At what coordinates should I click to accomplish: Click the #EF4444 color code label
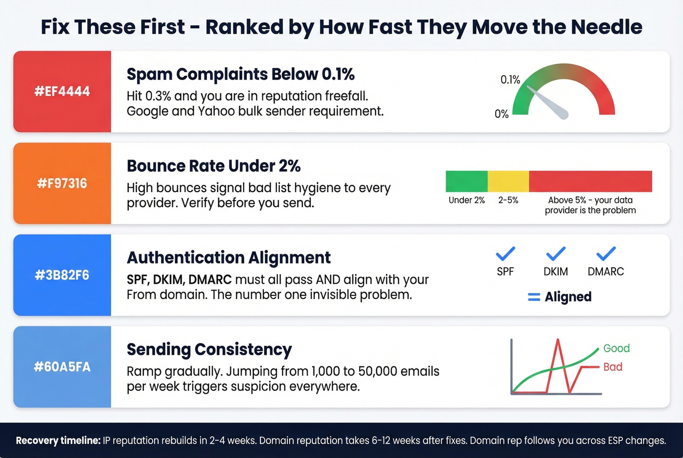click(x=62, y=91)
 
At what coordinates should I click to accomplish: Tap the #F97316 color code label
click(x=62, y=183)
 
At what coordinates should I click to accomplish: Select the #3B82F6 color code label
click(x=62, y=275)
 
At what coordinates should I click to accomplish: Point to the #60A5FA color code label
click(x=62, y=367)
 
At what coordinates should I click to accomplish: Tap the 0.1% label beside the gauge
click(x=510, y=80)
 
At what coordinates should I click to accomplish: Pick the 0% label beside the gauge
click(x=502, y=114)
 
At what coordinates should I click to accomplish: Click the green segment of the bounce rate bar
click(x=466, y=181)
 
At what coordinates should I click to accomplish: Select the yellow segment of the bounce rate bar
click(x=508, y=181)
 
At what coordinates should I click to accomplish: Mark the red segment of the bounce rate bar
click(x=590, y=181)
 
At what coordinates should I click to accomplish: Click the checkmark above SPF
click(x=505, y=254)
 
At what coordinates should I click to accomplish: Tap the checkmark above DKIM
click(x=556, y=254)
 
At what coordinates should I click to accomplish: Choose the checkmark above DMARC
click(x=606, y=254)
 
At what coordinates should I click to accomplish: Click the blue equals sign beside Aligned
click(x=534, y=297)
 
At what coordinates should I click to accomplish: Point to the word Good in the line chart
click(x=616, y=348)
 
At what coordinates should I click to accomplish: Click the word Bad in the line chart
click(x=613, y=367)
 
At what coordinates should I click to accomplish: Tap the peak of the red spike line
click(x=558, y=340)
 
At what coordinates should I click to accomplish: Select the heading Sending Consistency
click(x=209, y=350)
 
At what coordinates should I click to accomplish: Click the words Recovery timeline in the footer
click(x=58, y=440)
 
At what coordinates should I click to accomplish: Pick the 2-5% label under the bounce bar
click(x=508, y=200)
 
